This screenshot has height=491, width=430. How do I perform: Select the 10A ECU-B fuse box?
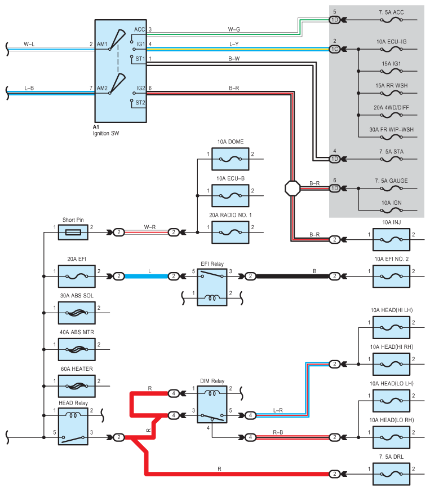(x=230, y=196)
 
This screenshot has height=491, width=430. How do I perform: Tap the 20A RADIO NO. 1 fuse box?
(x=230, y=232)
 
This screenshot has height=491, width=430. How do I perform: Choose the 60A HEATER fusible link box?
(x=77, y=386)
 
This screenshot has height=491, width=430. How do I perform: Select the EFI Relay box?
(x=212, y=287)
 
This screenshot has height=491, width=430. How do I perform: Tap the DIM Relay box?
(x=212, y=404)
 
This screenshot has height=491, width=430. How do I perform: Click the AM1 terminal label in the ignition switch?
(x=102, y=44)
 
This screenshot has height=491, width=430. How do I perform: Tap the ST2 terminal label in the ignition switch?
(x=140, y=103)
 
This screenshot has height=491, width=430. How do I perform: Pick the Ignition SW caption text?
(x=106, y=134)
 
